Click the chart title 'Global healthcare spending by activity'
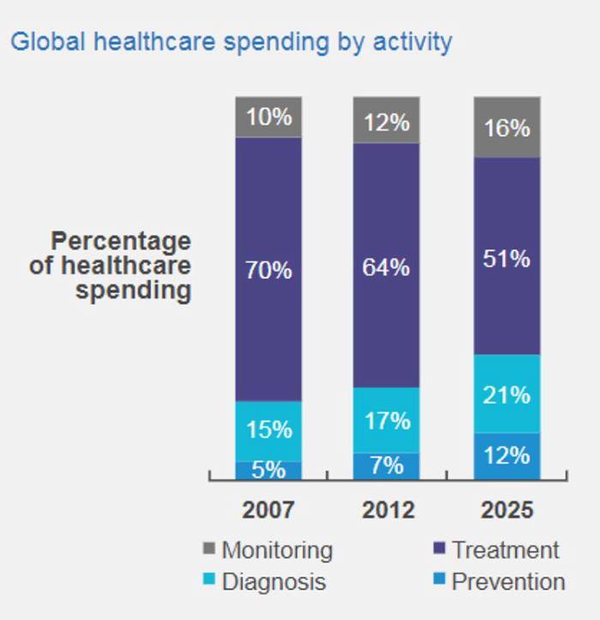tap(231, 41)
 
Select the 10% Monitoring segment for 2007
tap(268, 117)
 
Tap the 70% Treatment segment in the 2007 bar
tap(268, 269)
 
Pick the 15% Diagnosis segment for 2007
tap(268, 430)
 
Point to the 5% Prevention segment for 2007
tap(268, 470)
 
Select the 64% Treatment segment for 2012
tap(386, 266)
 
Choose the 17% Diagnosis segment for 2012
tap(386, 420)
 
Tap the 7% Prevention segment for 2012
tap(386, 466)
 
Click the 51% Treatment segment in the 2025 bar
tap(507, 256)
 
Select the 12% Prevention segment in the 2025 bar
tap(507, 455)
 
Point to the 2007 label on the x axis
tap(268, 510)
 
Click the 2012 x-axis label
tap(387, 510)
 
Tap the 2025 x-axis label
tap(507, 510)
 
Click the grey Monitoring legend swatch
tap(208, 549)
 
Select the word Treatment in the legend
tap(505, 549)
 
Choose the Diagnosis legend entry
tap(273, 581)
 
